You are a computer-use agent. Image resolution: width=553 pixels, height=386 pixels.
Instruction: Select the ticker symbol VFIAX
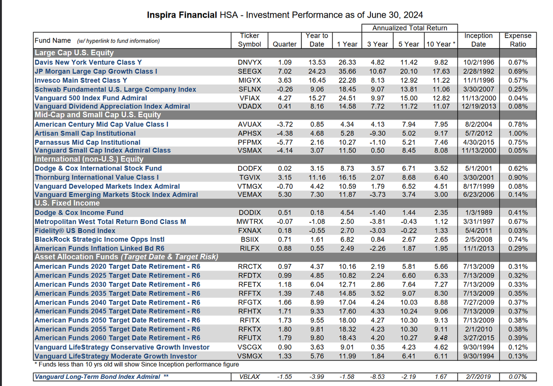click(249, 98)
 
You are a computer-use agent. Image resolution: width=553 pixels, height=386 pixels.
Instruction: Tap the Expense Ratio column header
click(517, 40)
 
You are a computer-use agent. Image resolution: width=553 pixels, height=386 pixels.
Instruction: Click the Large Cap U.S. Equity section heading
click(74, 53)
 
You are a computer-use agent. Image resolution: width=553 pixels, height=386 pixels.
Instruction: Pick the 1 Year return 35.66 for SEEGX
click(347, 71)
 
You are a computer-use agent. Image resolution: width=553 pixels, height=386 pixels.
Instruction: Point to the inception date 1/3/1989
click(478, 213)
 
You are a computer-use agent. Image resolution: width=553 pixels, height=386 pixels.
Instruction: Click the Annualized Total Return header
click(410, 28)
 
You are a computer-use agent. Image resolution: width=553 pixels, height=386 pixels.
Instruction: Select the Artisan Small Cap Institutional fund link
click(85, 133)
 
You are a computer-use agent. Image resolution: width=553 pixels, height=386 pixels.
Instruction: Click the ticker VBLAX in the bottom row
click(249, 377)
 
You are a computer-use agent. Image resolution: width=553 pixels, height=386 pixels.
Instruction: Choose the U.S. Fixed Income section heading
click(67, 203)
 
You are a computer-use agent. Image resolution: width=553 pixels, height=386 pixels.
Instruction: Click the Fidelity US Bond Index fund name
click(75, 231)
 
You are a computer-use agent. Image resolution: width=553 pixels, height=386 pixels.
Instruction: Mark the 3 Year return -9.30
click(378, 133)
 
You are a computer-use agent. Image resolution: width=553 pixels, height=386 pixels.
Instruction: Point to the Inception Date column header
click(478, 40)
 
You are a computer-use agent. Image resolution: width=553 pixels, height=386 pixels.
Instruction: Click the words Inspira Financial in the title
click(182, 15)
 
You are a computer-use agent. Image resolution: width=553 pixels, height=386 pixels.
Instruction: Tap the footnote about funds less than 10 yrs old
click(136, 364)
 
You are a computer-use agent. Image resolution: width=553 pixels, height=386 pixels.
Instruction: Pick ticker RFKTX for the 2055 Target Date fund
click(249, 329)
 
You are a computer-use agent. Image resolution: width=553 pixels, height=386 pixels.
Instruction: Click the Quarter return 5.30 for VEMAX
click(284, 194)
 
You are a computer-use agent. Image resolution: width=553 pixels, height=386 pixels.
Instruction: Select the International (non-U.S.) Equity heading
click(89, 159)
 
